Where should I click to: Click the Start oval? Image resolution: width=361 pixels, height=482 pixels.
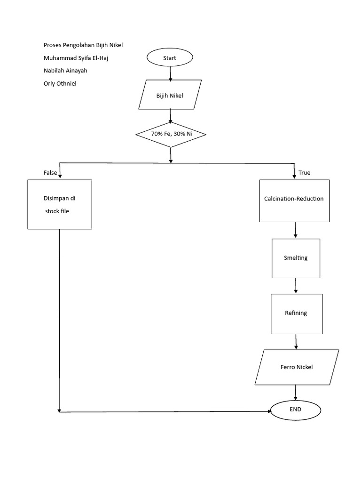(170, 58)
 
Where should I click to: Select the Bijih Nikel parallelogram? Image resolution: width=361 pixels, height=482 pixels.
(170, 96)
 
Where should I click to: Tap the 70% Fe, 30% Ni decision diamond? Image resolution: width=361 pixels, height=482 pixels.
(171, 134)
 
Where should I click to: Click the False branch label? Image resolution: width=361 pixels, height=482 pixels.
(50, 173)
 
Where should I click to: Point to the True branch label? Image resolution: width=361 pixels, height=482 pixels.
(304, 173)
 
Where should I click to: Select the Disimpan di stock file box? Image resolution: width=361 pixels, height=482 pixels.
(60, 205)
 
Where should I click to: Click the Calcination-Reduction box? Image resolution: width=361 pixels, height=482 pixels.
(294, 199)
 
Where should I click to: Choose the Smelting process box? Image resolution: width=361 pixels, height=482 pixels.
(296, 258)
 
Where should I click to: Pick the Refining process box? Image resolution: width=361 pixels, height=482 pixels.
(296, 313)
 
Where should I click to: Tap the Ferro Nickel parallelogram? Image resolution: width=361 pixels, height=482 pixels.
(297, 367)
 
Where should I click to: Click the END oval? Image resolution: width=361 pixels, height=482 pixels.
(296, 409)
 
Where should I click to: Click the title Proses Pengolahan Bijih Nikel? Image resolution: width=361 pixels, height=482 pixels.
(83, 45)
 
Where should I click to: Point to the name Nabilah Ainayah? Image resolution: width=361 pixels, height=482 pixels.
(65, 71)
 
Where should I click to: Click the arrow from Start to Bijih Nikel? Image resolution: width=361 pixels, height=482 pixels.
(170, 73)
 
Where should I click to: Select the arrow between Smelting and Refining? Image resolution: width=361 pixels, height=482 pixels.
(296, 286)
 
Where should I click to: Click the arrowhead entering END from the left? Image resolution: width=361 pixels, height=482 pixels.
(269, 411)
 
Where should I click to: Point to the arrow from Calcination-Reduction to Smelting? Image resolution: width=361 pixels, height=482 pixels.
(296, 230)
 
